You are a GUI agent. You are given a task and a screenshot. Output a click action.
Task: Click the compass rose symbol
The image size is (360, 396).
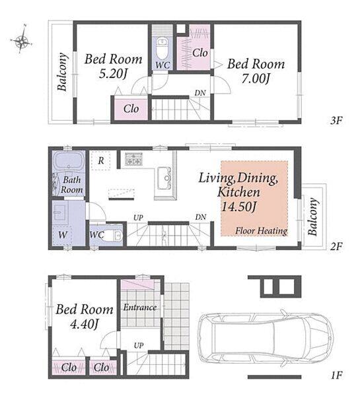point(22,40)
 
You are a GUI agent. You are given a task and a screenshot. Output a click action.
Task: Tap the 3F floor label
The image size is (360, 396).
point(336,121)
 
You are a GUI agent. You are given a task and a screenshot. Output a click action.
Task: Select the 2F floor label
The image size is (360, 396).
point(336,246)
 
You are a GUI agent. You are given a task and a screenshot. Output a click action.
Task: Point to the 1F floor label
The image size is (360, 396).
point(336,375)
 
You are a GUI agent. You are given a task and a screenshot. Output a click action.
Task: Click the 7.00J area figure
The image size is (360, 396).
point(256,79)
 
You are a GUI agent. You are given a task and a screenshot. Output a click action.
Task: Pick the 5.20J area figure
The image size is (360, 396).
point(113,74)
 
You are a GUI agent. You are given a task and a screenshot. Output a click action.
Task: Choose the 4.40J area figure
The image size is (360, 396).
point(84,324)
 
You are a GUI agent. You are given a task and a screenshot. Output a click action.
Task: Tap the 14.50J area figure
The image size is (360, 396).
point(239,207)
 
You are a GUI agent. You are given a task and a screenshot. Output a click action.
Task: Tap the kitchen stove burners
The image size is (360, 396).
point(133,159)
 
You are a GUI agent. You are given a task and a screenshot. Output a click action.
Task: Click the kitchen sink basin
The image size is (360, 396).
point(164,178)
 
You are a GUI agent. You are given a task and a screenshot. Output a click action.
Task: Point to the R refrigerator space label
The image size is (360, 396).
point(101,160)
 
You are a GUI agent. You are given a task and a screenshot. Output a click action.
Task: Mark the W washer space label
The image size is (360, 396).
point(63,235)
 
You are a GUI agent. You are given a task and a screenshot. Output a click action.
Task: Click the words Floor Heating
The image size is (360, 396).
point(262,230)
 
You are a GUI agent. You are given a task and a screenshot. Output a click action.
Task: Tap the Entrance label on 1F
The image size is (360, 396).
point(140,308)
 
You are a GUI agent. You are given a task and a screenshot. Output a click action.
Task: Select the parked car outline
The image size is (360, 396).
point(265,337)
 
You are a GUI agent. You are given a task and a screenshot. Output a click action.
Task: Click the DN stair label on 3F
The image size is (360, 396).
point(200,93)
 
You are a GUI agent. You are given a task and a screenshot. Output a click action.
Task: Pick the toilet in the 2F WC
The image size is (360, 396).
point(114,236)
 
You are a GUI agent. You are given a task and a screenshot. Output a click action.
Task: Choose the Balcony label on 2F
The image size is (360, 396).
point(312,216)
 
